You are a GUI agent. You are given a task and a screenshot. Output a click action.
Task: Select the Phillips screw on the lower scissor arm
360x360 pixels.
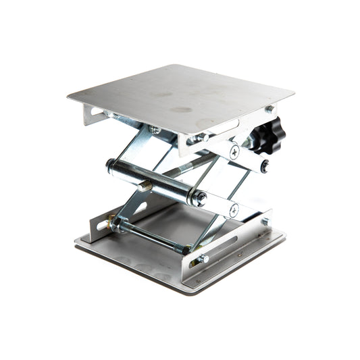(x=233, y=210)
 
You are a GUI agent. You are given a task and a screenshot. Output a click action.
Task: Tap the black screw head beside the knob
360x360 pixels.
(x=265, y=164)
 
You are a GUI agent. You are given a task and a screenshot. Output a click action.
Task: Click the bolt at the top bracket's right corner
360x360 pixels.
(x=269, y=109)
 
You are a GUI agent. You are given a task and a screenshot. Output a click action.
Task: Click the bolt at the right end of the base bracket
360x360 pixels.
(x=265, y=221)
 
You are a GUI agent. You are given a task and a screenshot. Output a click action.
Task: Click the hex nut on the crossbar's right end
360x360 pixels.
(x=200, y=198)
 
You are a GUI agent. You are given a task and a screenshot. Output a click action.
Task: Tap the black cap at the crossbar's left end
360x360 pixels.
(x=111, y=163)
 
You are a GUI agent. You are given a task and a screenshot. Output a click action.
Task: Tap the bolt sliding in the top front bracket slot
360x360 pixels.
(x=201, y=138)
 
